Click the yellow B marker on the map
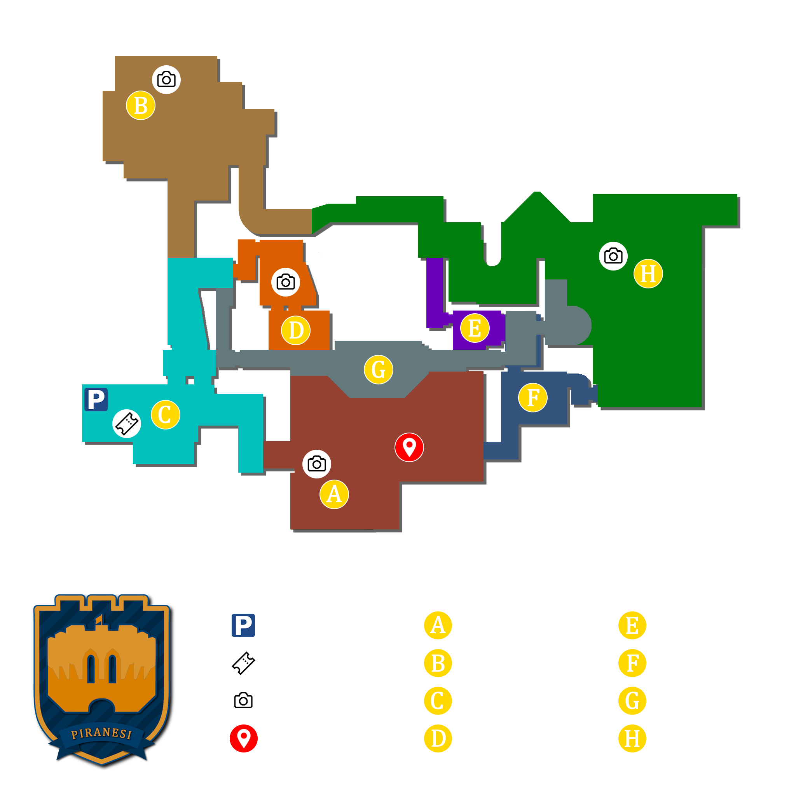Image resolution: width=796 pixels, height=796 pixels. click(140, 105)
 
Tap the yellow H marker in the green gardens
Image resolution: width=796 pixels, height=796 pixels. click(648, 274)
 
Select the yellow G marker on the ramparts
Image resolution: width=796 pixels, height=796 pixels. click(378, 370)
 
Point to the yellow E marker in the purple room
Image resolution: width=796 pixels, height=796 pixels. click(475, 328)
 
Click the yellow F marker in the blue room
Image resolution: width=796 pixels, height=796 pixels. click(533, 398)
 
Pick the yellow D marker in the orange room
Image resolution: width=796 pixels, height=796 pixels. click(296, 330)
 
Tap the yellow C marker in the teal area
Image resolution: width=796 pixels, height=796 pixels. click(165, 414)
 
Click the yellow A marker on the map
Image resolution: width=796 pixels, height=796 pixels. click(334, 494)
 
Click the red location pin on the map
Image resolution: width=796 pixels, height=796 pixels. click(409, 447)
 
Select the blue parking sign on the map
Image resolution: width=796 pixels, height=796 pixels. click(96, 399)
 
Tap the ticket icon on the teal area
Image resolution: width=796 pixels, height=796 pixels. click(127, 424)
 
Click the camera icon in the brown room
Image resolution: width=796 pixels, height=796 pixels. click(166, 80)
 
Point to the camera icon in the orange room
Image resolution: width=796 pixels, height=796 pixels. click(286, 282)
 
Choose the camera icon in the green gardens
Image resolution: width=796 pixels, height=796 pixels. click(613, 256)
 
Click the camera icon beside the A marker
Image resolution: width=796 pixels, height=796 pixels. click(316, 464)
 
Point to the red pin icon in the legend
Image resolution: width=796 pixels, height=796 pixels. click(243, 738)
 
